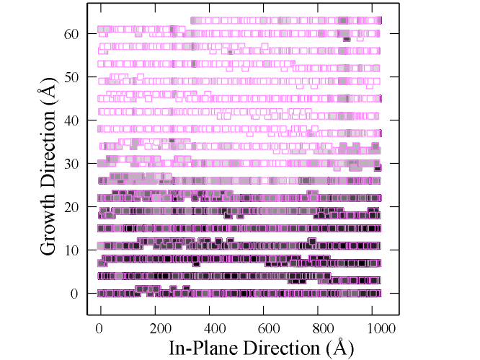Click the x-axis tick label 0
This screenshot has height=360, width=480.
100,328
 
